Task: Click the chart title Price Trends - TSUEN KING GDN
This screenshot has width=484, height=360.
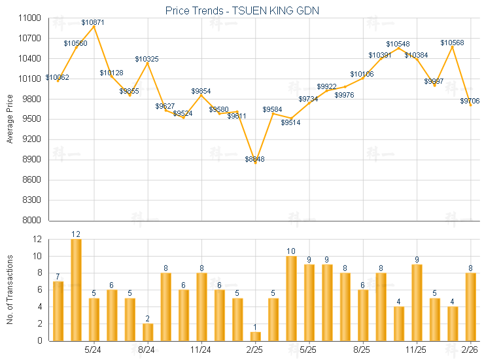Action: [x=242, y=11]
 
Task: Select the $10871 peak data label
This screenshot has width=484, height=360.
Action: [x=93, y=22]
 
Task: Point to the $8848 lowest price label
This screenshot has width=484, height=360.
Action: [x=254, y=159]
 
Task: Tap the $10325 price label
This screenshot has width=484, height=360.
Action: [x=147, y=59]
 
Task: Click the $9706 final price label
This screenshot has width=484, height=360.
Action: [x=470, y=101]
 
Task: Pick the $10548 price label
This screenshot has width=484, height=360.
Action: [x=398, y=45]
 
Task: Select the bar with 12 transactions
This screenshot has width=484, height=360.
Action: [x=76, y=289]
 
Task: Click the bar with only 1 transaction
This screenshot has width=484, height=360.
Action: [x=255, y=336]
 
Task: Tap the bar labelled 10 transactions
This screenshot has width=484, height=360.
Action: [x=291, y=298]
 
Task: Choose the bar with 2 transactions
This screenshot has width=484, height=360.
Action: [x=148, y=332]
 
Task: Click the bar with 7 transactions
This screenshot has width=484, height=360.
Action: [x=58, y=310]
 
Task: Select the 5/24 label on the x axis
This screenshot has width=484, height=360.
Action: [x=93, y=350]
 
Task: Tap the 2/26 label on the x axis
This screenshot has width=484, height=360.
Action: [x=470, y=350]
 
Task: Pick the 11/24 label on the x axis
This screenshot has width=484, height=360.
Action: [x=201, y=350]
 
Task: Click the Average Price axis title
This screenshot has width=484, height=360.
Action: [x=10, y=119]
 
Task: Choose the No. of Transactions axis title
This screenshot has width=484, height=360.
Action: [x=10, y=289]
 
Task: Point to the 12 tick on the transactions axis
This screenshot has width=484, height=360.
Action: [x=37, y=240]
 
